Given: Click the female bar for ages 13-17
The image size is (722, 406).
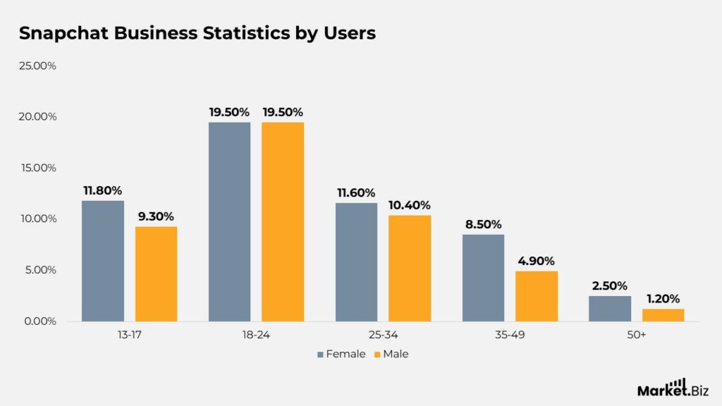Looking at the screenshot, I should point(103,261).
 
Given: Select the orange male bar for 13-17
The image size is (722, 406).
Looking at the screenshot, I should point(156,273).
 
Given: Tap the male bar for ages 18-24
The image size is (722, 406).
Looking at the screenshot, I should point(283,221).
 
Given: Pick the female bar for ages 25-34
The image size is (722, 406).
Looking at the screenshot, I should point(356,262).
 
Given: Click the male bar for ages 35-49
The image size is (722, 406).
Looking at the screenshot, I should point(537,296).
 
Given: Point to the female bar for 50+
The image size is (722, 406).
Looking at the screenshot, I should point(610,308).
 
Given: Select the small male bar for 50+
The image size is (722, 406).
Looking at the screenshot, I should point(663,315).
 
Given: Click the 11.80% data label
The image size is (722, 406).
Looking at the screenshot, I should point(102,190).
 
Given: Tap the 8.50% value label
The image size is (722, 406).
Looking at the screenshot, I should point(483,224).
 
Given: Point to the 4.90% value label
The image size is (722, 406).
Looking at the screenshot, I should point(537,260).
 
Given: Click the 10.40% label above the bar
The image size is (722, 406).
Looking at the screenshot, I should point(409,204).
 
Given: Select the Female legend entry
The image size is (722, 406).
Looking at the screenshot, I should point(341,354).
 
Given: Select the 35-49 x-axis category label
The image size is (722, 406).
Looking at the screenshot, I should point(510,336).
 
